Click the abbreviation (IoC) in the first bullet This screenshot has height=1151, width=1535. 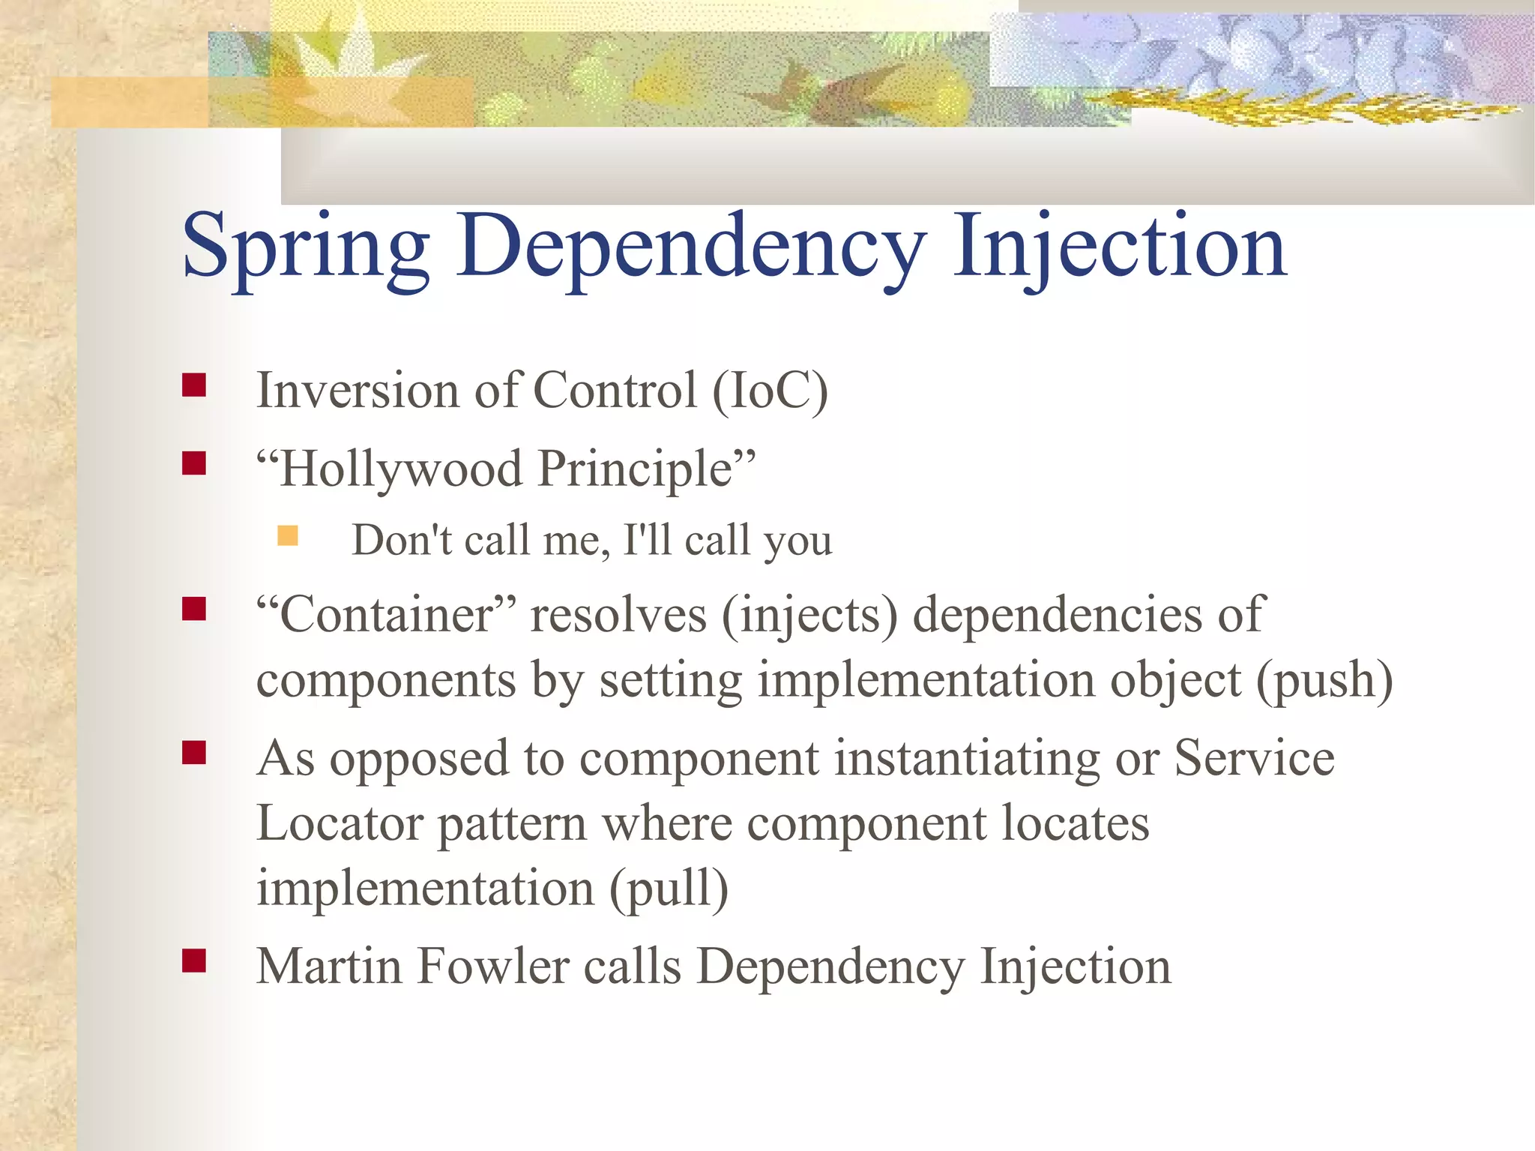[770, 391]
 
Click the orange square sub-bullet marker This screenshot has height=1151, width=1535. [288, 535]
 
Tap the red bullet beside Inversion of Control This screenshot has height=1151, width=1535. [194, 385]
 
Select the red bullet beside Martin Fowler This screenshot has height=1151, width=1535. [194, 961]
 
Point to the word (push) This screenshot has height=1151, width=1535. [1324, 679]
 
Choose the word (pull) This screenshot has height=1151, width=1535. [668, 888]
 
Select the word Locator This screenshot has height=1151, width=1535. [340, 823]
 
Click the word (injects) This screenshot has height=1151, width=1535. [809, 616]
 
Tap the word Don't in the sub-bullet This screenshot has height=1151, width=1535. [402, 540]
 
